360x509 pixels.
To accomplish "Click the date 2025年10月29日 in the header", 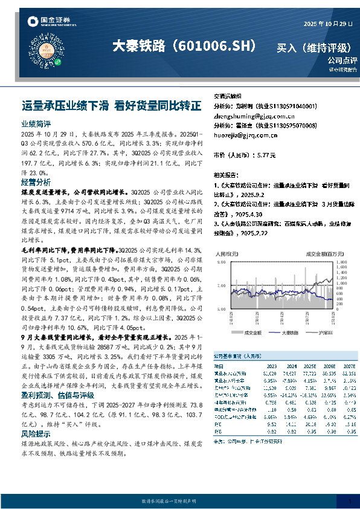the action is pyautogui.click(x=326, y=24).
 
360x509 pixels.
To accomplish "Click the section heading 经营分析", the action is pyautogui.click(x=36, y=182).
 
